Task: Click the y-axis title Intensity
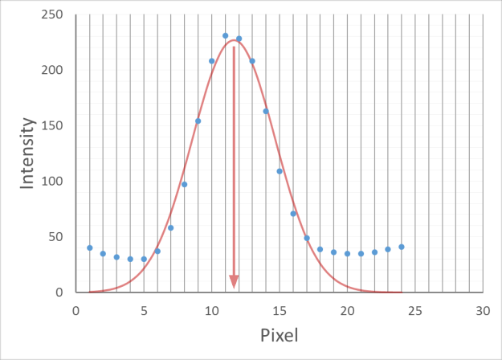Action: (x=28, y=153)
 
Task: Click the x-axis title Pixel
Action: (x=279, y=334)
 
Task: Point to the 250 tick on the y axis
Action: (x=54, y=15)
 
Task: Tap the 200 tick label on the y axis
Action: (x=54, y=71)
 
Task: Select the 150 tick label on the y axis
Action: (x=54, y=126)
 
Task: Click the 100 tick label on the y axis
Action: (x=54, y=182)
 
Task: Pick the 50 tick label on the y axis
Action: (x=57, y=237)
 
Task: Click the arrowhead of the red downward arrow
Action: (x=234, y=281)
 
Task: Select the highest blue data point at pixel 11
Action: (x=225, y=35)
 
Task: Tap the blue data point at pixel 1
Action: (x=89, y=247)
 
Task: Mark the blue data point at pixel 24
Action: (x=402, y=247)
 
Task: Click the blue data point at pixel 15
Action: (x=280, y=171)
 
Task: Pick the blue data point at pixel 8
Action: (x=184, y=184)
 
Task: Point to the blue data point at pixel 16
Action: (x=293, y=214)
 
